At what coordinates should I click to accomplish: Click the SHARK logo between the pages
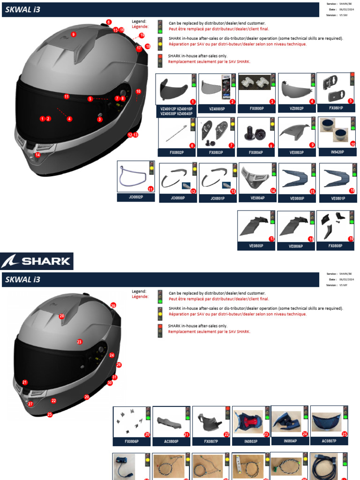37,261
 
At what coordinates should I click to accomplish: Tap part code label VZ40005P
217,109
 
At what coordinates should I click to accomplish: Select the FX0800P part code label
256,109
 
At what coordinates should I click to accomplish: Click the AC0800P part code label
172,442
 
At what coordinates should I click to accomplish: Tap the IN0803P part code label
251,442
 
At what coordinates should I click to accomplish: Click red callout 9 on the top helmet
73,34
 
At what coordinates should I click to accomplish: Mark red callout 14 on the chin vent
38,155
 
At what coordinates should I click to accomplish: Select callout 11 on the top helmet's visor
67,97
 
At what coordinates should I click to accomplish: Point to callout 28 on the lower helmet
61,316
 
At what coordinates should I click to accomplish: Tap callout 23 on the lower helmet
79,342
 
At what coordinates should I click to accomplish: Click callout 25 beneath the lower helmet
50,414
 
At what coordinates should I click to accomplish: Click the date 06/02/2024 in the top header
347,9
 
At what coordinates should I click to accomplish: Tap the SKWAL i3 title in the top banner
22,9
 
